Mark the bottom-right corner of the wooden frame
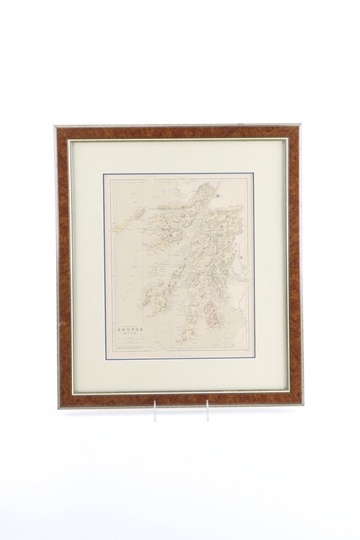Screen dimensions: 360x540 pyautogui.click(x=302, y=404)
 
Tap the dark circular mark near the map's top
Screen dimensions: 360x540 pyautogui.click(x=217, y=196)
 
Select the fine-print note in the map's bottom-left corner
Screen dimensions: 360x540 pyautogui.click(x=129, y=352)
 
